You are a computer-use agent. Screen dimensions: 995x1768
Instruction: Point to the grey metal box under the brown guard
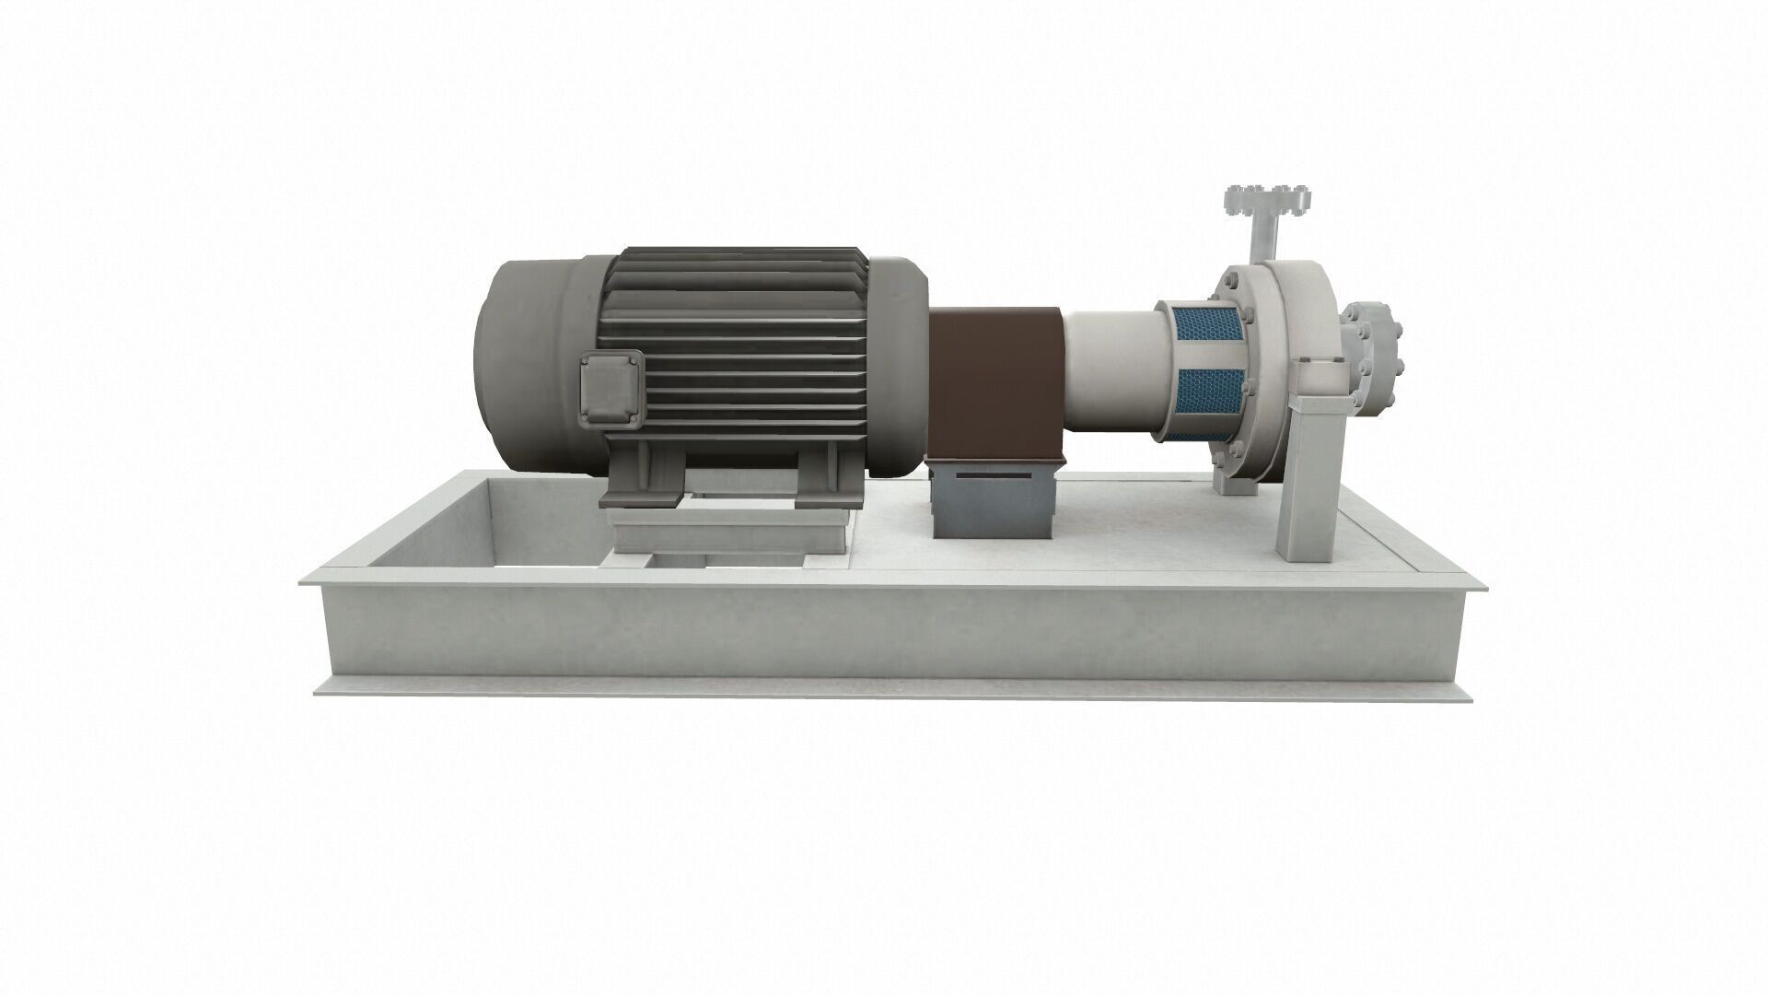click(993, 501)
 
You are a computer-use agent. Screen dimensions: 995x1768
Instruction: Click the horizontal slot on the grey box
click(993, 474)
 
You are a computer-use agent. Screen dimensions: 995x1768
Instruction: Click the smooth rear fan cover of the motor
click(525, 364)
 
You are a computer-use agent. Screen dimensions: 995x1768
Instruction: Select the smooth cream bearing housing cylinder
click(1110, 364)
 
